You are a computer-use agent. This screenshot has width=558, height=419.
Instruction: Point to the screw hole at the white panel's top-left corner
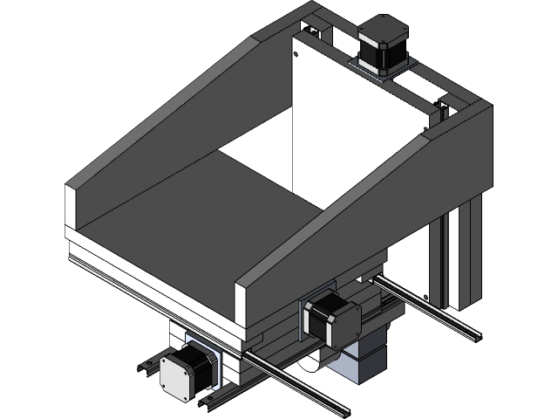pos(297,55)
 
